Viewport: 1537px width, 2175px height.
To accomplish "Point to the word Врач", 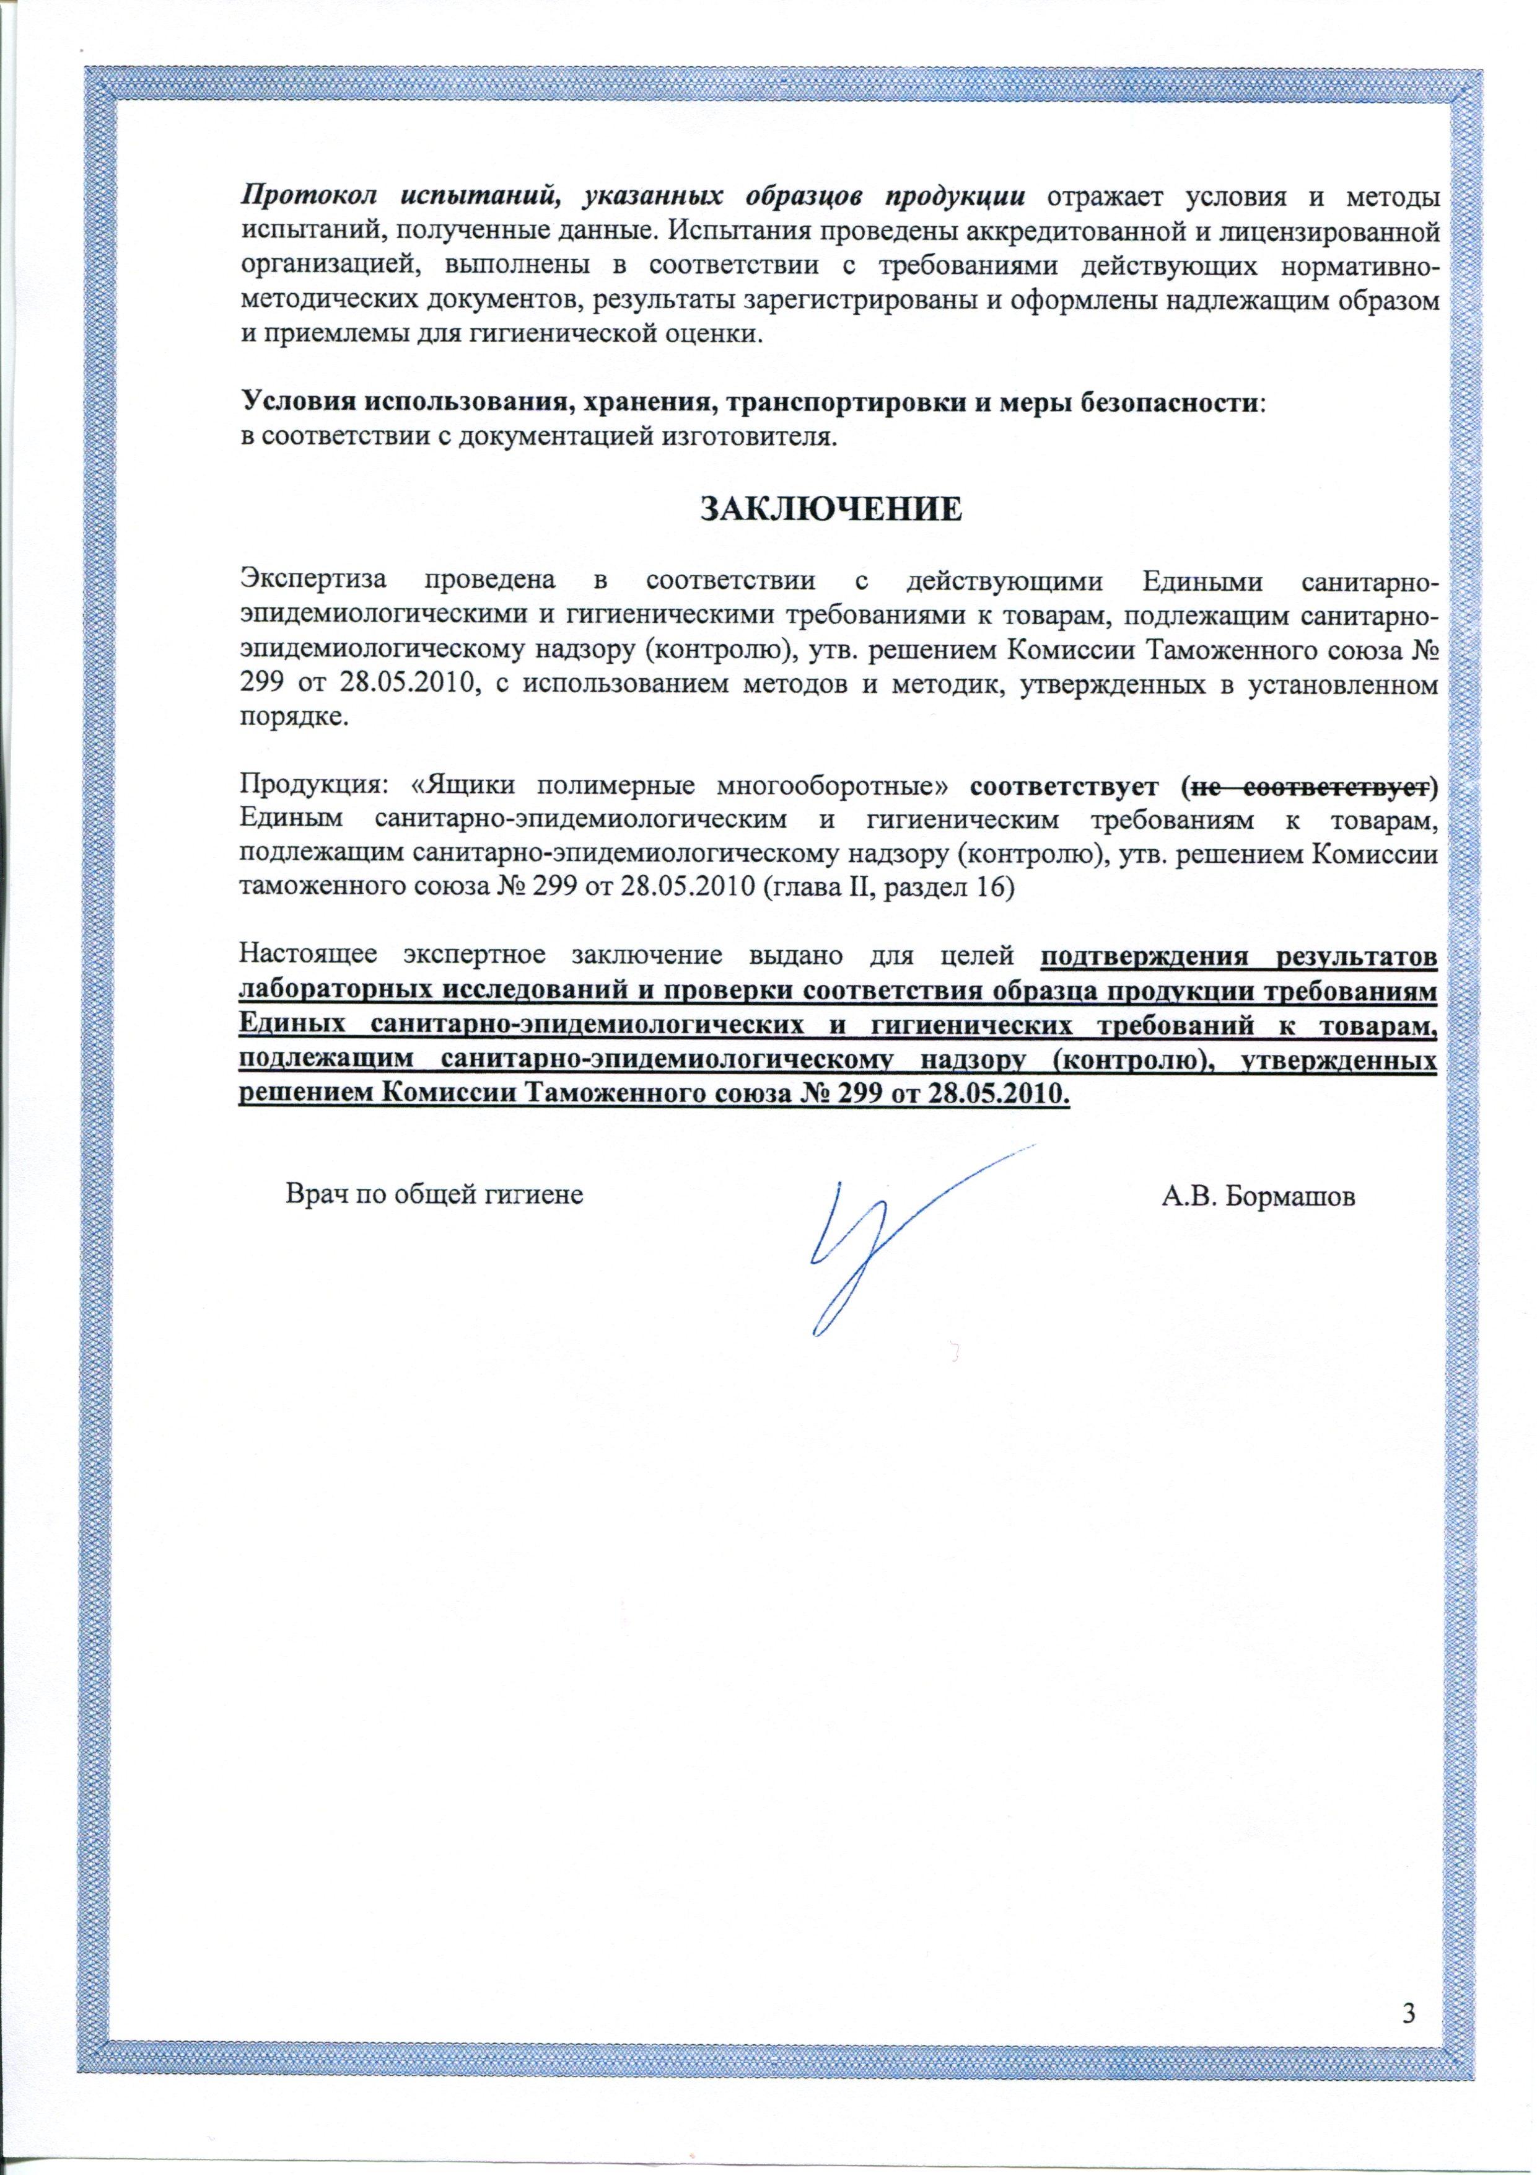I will pyautogui.click(x=315, y=1196).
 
